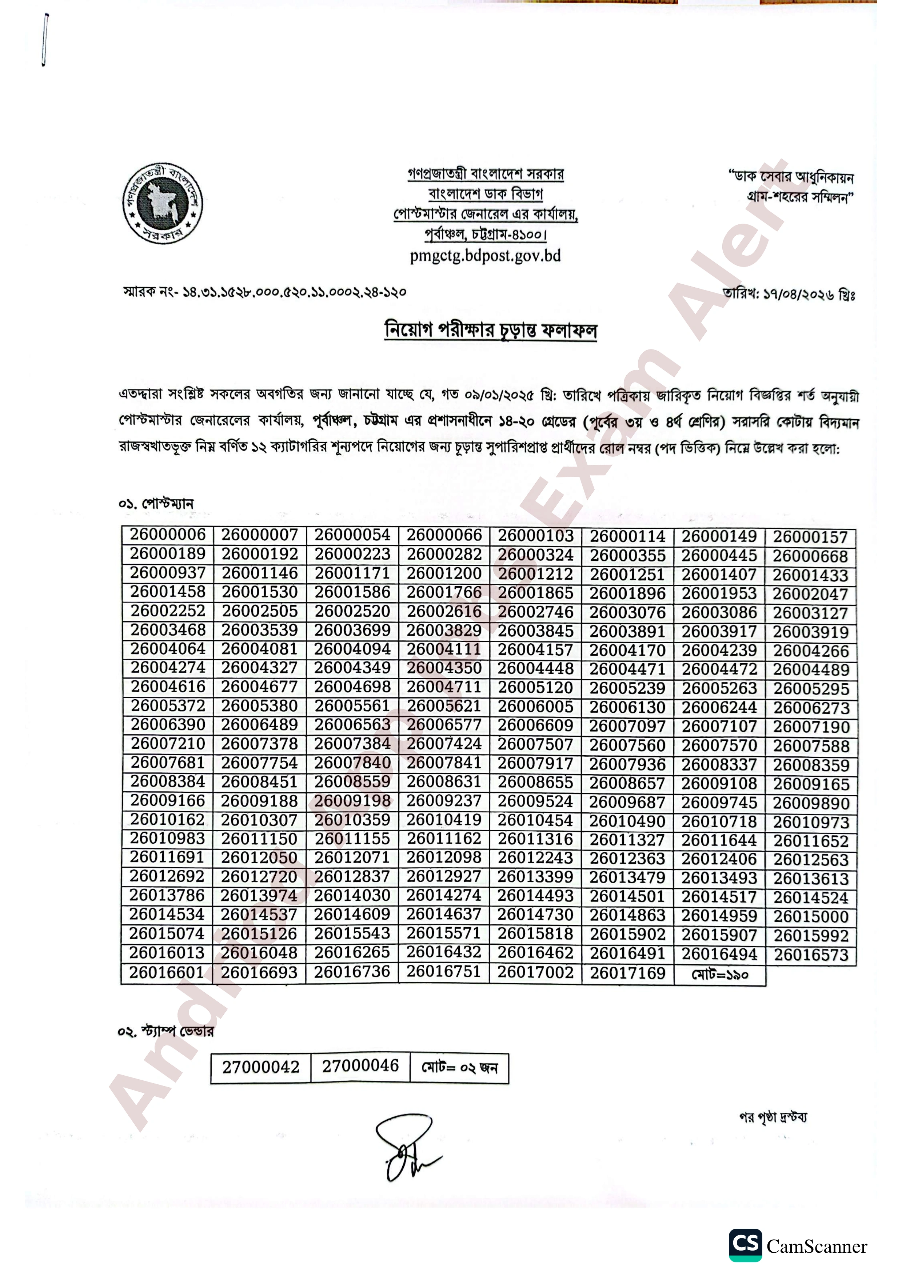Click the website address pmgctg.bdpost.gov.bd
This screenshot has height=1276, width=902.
point(484,256)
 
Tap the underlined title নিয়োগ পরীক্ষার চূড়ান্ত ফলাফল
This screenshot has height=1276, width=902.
point(491,330)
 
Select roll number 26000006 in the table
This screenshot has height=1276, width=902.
point(168,535)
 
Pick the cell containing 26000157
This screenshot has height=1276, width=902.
point(810,537)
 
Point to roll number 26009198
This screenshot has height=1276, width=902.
point(352,801)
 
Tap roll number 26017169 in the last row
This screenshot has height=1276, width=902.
point(627,973)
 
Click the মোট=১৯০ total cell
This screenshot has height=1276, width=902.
point(720,974)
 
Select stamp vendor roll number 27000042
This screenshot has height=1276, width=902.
point(261,1067)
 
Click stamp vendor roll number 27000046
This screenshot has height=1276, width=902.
point(360,1066)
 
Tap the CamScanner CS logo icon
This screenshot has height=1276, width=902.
point(745,1245)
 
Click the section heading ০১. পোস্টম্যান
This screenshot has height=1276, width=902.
point(156,504)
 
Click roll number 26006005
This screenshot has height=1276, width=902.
point(535,707)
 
